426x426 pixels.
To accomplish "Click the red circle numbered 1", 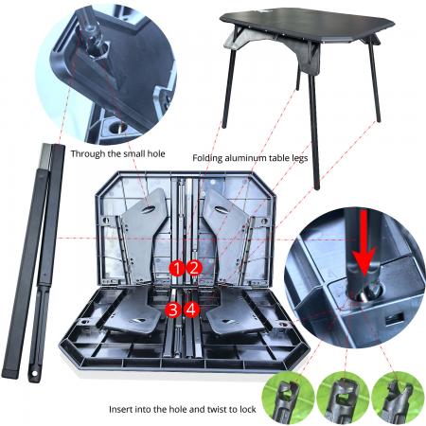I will tap(176, 268).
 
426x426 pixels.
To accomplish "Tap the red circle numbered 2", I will tap(193, 268).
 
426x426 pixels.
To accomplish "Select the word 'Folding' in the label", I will tap(211, 158).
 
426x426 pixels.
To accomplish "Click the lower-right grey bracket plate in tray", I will tap(232, 313).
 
